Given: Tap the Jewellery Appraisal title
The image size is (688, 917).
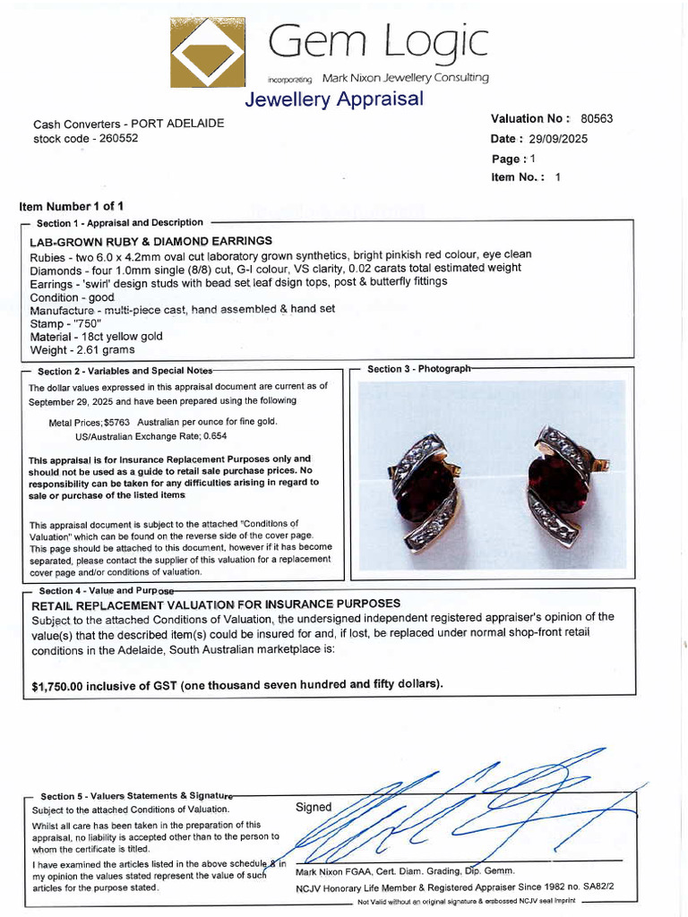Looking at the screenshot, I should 333,99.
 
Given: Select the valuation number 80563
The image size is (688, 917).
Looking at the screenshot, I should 597,118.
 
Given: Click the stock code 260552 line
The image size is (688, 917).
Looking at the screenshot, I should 86,138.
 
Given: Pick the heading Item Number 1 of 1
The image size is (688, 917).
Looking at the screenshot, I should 72,206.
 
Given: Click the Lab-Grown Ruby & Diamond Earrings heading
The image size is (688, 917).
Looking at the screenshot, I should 150,241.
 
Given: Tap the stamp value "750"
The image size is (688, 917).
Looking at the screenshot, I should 86,323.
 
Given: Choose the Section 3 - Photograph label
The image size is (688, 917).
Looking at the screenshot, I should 418,369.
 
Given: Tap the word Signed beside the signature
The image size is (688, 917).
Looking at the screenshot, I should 314,807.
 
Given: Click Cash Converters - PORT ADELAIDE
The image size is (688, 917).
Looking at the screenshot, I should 129,124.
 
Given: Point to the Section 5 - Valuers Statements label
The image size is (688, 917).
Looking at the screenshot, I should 134,795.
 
